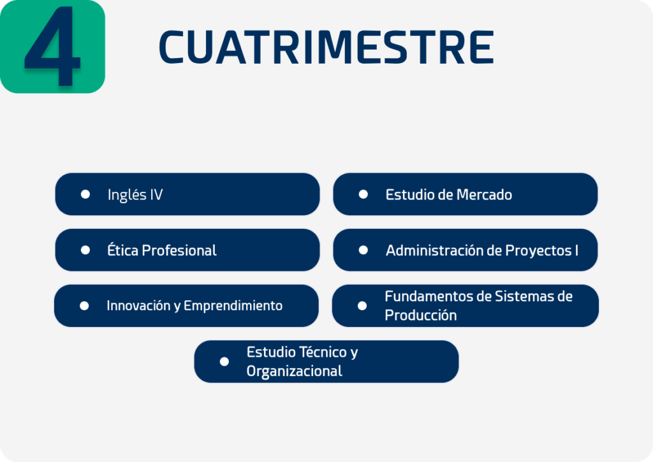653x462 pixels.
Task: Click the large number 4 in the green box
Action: [52, 46]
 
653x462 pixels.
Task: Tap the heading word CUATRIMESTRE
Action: [326, 47]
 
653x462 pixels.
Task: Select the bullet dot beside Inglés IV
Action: [85, 194]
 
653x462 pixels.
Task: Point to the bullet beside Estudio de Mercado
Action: [363, 194]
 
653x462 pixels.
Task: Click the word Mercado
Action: [485, 195]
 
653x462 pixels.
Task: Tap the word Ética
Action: [123, 250]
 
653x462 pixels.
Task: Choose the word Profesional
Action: [179, 250]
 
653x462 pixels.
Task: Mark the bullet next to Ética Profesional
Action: [85, 250]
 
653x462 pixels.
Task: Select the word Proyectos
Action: [538, 251]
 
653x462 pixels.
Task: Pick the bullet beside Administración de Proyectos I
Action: [363, 250]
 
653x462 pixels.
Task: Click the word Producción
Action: [421, 315]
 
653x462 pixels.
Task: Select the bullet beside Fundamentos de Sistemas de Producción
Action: [362, 306]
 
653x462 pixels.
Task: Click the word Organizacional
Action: [295, 372]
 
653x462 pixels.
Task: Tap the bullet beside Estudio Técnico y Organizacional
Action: [224, 362]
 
